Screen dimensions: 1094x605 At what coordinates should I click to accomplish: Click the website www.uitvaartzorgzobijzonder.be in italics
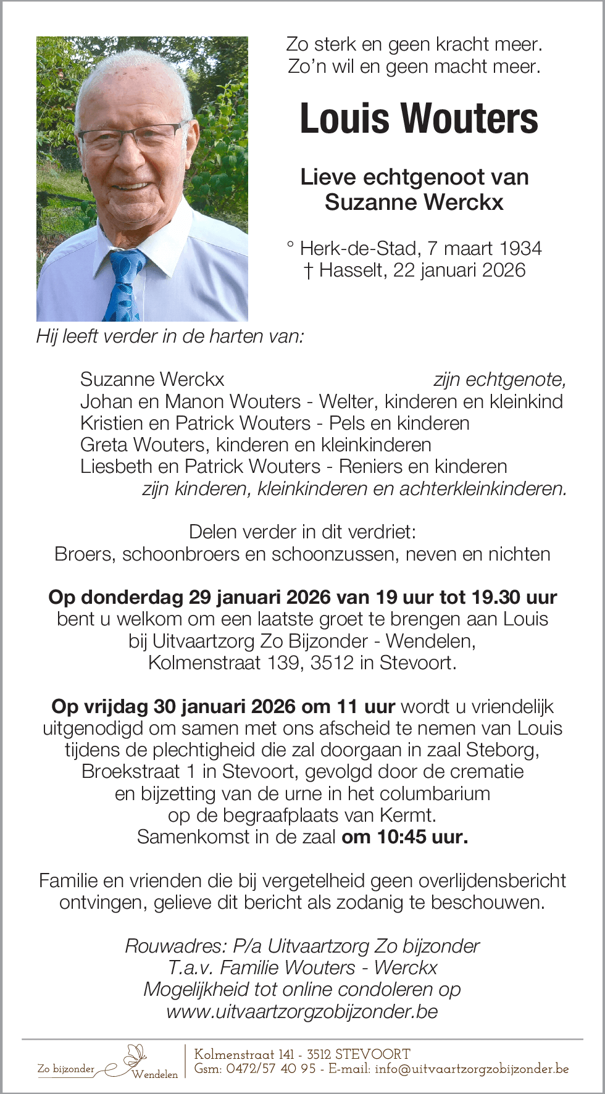[x=302, y=1011]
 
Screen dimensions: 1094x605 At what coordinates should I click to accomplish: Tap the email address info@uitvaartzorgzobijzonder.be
[x=472, y=1069]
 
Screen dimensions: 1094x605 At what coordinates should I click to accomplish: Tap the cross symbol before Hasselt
[x=308, y=270]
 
